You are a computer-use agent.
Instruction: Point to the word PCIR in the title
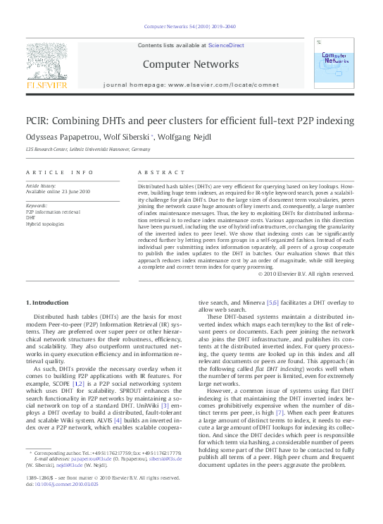point(39,121)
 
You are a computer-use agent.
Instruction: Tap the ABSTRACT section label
point(156,173)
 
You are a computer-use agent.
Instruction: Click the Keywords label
point(38,205)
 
